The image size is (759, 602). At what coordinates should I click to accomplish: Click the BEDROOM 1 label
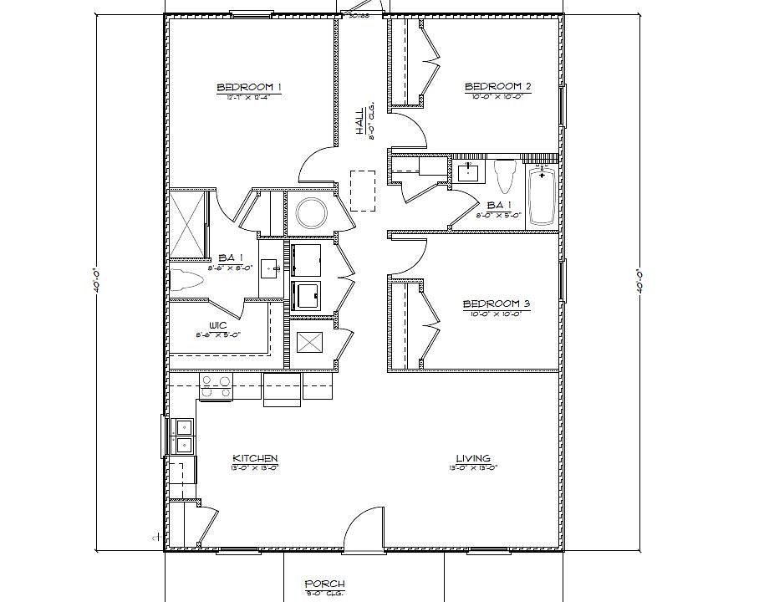tap(249, 87)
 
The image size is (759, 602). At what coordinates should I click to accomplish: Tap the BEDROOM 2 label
tap(498, 86)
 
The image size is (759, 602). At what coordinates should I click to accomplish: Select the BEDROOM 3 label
tap(497, 304)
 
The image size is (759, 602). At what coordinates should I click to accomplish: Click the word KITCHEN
tap(255, 458)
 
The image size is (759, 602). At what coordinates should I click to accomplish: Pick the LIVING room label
tap(473, 458)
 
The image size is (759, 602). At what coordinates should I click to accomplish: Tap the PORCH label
tap(324, 584)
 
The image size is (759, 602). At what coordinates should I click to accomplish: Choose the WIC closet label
tap(219, 326)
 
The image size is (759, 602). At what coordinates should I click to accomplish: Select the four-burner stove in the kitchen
tap(216, 385)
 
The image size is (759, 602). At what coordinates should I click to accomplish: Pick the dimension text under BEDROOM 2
tap(498, 96)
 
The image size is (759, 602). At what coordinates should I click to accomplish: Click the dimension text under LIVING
tap(473, 467)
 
